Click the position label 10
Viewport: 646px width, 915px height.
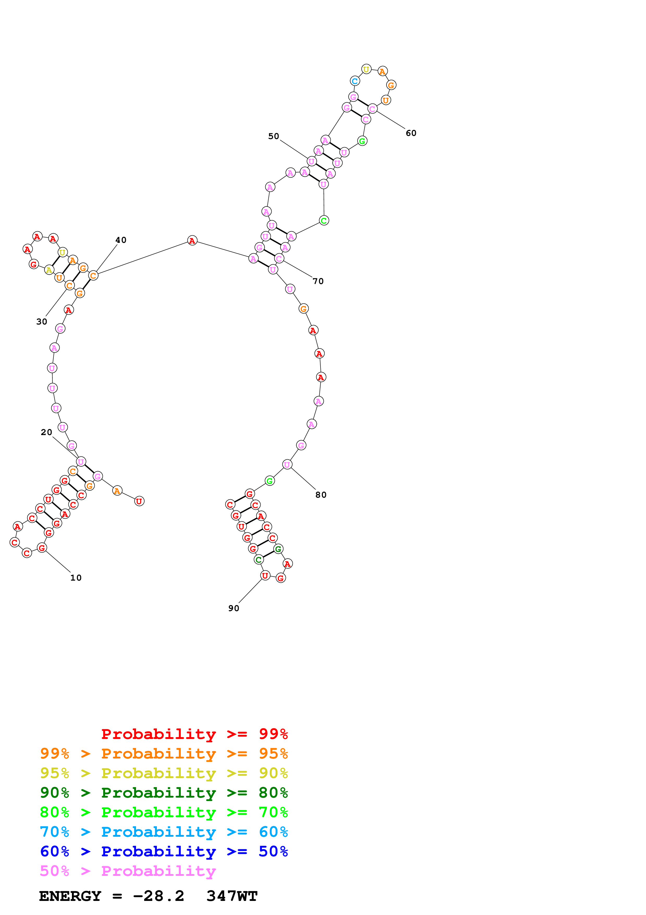coord(76,577)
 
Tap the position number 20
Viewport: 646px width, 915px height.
coord(46,432)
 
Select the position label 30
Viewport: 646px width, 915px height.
coord(41,321)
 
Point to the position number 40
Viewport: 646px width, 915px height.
coord(121,240)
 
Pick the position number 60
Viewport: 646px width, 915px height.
coord(411,133)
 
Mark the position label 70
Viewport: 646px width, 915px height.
coord(318,281)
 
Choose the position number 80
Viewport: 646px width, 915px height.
coord(321,495)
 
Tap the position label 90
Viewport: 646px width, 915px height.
coord(234,608)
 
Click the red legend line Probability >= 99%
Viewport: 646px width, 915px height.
coord(194,734)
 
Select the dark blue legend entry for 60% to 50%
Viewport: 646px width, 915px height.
coord(164,851)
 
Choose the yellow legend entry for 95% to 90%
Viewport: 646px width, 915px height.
coord(164,773)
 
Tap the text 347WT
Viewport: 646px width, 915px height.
coord(232,896)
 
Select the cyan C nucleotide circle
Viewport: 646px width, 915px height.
coord(355,81)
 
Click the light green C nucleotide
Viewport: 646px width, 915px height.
coord(324,220)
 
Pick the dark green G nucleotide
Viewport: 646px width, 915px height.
coord(278,549)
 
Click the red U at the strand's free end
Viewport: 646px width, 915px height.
coord(139,501)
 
